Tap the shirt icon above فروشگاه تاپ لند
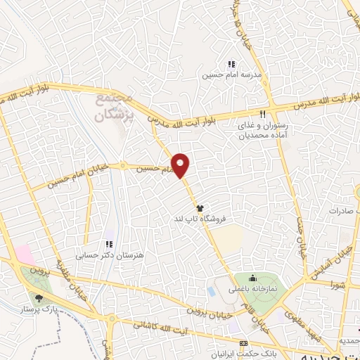click(x=200, y=208)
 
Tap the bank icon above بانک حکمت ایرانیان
click(x=244, y=342)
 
